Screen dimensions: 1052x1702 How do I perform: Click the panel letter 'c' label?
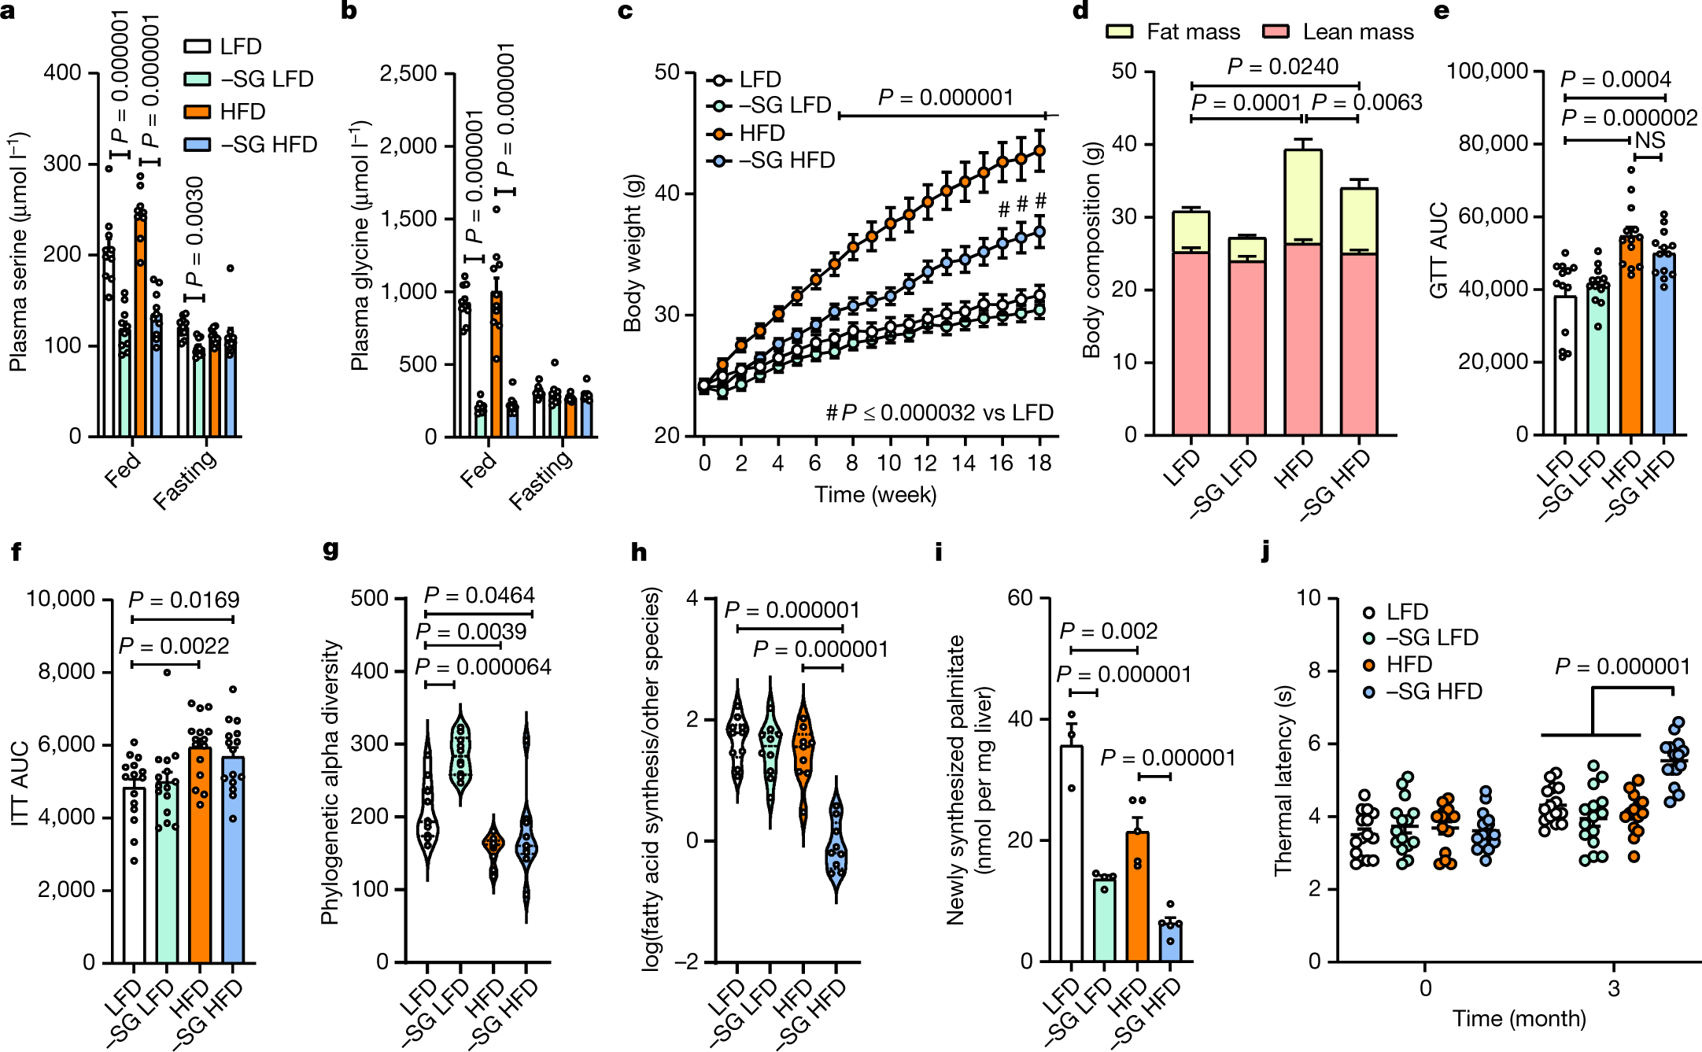click(626, 11)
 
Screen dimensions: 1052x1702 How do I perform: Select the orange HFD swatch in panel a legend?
click(197, 112)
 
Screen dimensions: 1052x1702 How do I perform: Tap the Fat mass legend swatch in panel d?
click(1119, 31)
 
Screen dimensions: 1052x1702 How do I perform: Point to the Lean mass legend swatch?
click(1276, 31)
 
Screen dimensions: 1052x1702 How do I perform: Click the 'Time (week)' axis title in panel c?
click(875, 494)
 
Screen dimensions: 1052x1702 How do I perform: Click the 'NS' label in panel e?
click(1649, 140)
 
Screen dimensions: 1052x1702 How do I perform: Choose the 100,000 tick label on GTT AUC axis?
click(1487, 71)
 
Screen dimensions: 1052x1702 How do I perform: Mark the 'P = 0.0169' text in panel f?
click(183, 600)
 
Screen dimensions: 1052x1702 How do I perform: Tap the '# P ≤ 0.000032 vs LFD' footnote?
click(939, 413)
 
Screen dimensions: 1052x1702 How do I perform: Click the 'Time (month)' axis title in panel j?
click(1518, 1019)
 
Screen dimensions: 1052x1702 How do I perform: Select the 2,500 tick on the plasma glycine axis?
click(408, 73)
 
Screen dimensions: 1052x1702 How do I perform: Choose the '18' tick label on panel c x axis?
click(1039, 463)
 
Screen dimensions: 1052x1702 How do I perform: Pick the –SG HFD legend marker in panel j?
click(1369, 692)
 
